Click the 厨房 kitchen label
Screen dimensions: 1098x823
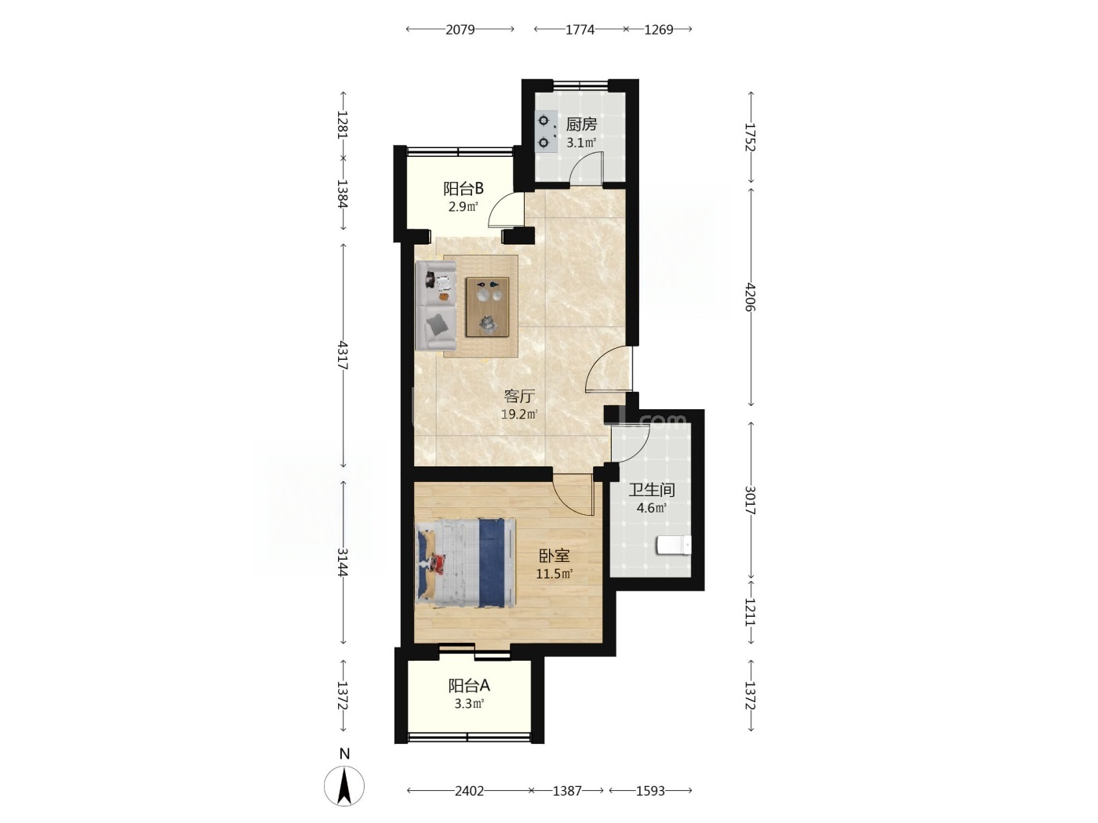581,124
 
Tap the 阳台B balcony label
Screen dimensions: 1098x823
464,189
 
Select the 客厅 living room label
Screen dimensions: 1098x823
519,397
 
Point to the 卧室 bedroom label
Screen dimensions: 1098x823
554,556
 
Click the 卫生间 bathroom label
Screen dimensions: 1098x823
652,490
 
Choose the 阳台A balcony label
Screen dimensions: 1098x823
469,686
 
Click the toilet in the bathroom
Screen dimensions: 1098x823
673,546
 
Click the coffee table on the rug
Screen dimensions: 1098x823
487,306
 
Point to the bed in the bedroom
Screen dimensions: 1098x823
466,563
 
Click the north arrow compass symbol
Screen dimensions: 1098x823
344,786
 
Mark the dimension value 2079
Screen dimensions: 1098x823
460,30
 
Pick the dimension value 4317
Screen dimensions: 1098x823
343,355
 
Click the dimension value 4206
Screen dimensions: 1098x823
751,297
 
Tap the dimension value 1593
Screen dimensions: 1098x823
650,791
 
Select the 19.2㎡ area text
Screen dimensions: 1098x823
519,414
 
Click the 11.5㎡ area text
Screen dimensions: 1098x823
554,574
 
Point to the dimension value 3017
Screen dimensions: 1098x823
751,500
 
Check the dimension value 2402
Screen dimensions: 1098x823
470,791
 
